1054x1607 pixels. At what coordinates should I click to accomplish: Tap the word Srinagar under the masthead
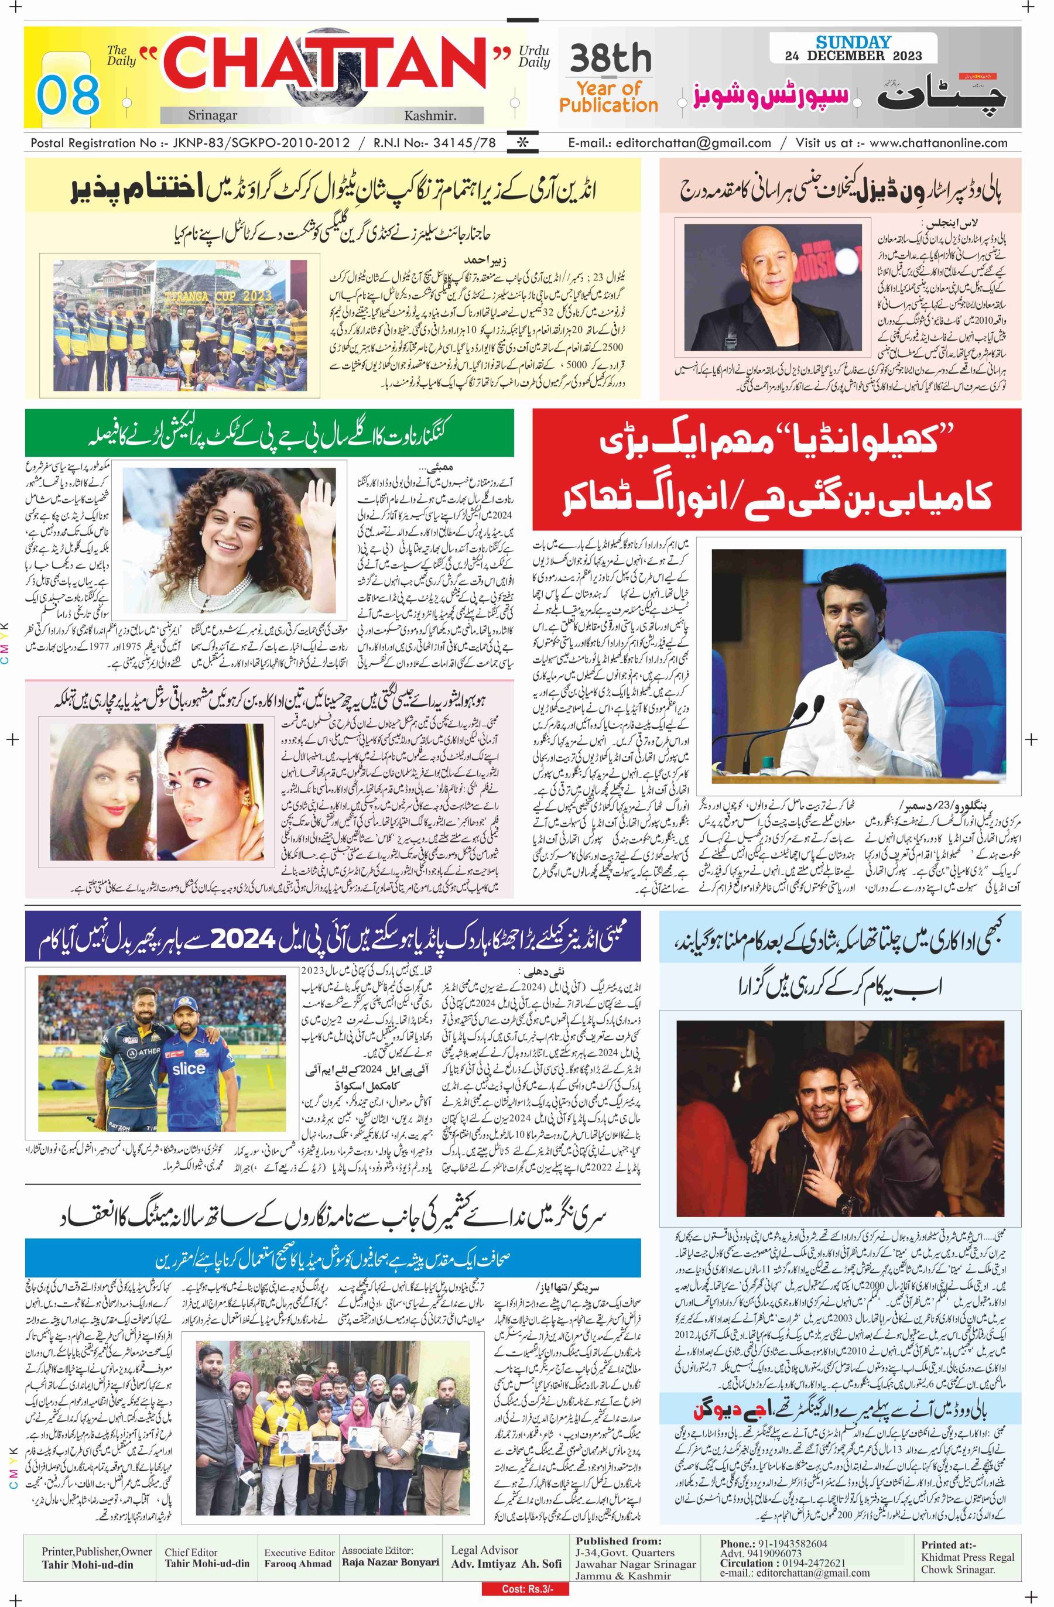213,115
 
